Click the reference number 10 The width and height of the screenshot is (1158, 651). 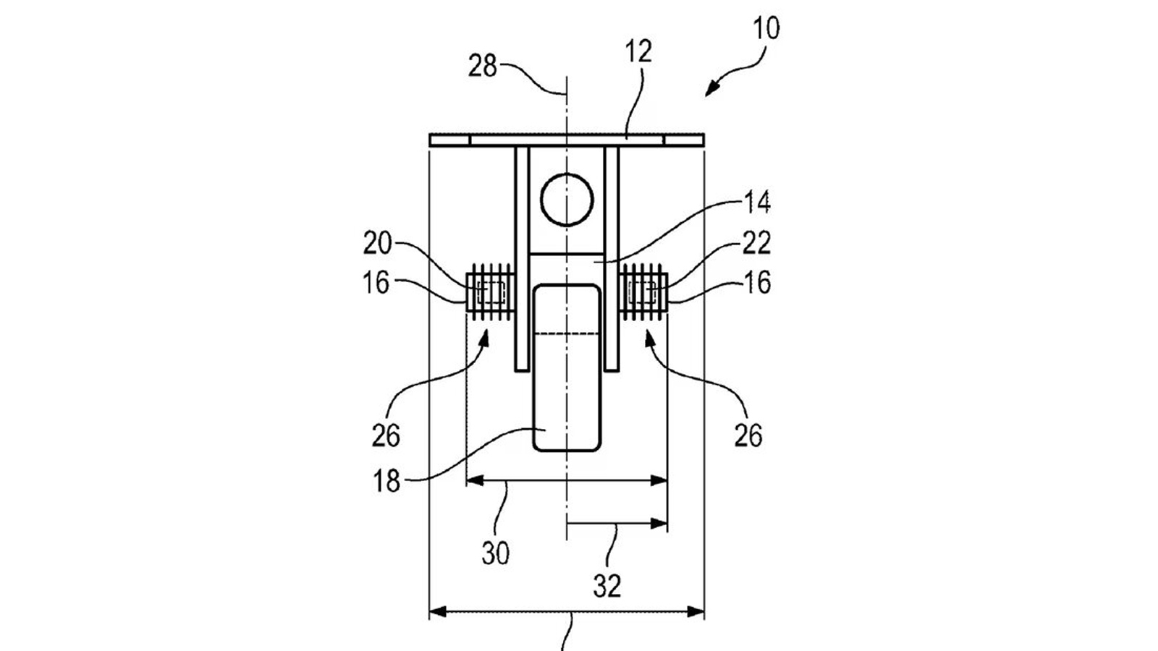(x=766, y=28)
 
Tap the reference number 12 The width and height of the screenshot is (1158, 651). (x=638, y=52)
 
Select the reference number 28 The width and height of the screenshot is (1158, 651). (x=482, y=67)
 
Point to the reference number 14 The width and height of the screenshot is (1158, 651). (x=757, y=203)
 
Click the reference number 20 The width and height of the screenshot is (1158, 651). (x=377, y=243)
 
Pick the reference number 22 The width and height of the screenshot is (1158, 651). (x=757, y=243)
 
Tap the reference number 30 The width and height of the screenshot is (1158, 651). (x=496, y=553)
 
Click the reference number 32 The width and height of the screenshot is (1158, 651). (x=607, y=586)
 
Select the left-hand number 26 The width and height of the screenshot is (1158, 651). (x=386, y=436)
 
